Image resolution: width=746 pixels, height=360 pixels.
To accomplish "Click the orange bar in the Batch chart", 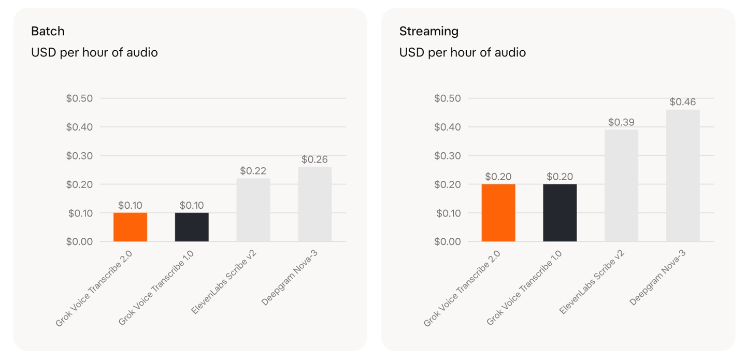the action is pos(130,227).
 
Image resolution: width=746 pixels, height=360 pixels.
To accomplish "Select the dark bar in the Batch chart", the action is pos(192,227).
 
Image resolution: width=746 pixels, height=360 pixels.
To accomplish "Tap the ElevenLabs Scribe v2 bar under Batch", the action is pos(253,210).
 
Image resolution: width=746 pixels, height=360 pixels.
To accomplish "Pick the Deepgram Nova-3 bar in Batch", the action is pos(315,204).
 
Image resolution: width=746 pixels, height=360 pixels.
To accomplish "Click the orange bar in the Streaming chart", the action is pos(498,213).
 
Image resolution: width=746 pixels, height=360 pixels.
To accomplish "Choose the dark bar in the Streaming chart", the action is pos(560,213).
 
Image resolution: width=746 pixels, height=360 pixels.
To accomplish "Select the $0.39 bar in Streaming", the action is pos(622,185).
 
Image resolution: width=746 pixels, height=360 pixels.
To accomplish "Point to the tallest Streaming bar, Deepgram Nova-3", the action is pos(683,176).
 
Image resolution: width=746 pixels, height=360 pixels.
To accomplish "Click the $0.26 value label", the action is pos(315,160).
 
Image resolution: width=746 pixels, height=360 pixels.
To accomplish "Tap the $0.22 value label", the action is pos(253,171).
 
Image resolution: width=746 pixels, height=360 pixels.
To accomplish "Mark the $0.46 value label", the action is pos(683,102).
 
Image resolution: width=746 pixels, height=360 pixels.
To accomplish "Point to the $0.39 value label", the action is pos(622,122).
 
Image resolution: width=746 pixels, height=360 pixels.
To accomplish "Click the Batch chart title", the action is pos(48,31).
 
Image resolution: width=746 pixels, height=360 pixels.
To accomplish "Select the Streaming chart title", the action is pos(429,31).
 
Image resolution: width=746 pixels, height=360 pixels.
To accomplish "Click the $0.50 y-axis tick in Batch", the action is pos(79,98).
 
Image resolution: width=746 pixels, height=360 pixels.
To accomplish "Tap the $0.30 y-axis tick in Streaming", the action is pos(448,155).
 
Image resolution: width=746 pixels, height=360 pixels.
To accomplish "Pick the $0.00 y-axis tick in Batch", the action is pos(79,241).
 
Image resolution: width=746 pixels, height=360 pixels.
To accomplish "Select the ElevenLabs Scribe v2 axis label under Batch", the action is pos(224,282).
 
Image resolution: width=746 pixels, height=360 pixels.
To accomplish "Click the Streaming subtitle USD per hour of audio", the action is pos(463,53).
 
